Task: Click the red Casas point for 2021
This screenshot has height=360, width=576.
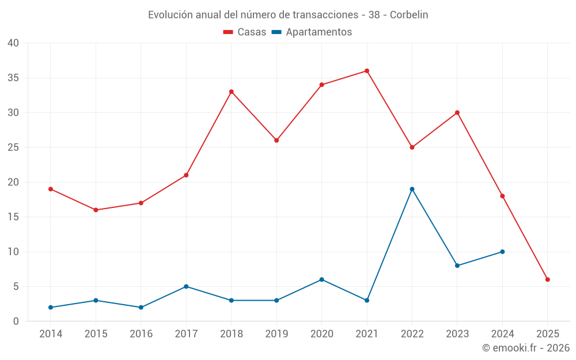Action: pyautogui.click(x=367, y=71)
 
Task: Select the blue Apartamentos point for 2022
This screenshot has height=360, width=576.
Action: pyautogui.click(x=412, y=189)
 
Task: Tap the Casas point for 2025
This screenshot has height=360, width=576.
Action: pyautogui.click(x=548, y=279)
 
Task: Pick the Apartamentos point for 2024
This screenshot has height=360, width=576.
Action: pyautogui.click(x=502, y=252)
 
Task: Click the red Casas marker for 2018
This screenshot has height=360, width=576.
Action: pyautogui.click(x=232, y=92)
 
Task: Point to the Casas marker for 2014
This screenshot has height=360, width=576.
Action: pyautogui.click(x=51, y=189)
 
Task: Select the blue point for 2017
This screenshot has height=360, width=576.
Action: pyautogui.click(x=186, y=286)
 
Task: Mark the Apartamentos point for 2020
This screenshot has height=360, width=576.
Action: pyautogui.click(x=322, y=279)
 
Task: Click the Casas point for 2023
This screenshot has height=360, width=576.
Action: pyautogui.click(x=457, y=112)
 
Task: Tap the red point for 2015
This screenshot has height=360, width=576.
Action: pyautogui.click(x=96, y=210)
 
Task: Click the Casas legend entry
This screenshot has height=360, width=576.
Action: pyautogui.click(x=245, y=32)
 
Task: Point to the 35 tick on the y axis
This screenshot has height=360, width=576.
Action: pyautogui.click(x=13, y=78)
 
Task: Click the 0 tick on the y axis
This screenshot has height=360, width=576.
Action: pyautogui.click(x=16, y=321)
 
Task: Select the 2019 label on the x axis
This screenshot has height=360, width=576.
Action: pyautogui.click(x=276, y=334)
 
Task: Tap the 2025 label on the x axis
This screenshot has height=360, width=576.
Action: pyautogui.click(x=548, y=334)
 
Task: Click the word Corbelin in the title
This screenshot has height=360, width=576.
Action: pyautogui.click(x=409, y=15)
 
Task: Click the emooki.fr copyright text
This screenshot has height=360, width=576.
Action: pyautogui.click(x=526, y=348)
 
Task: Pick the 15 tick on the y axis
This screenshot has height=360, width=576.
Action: pyautogui.click(x=13, y=217)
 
